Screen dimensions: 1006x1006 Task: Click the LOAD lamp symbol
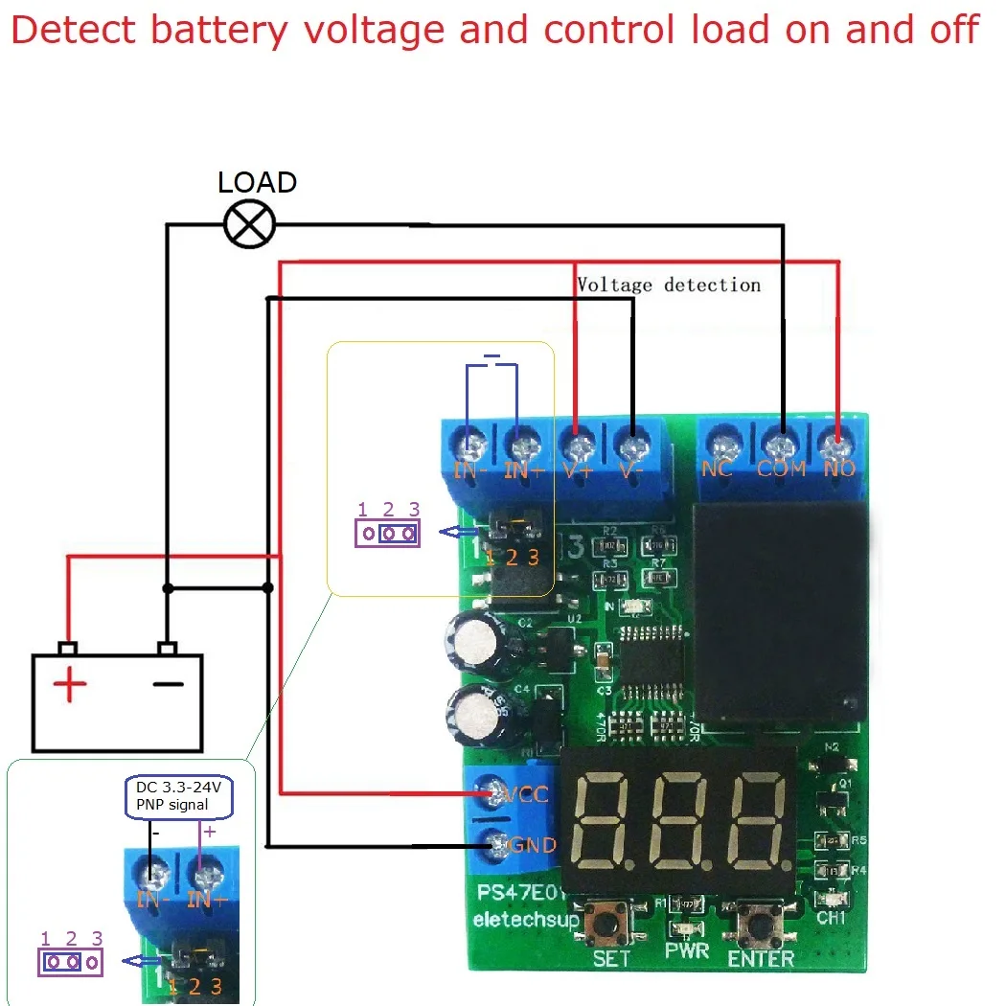tap(249, 225)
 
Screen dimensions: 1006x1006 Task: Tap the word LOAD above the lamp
tap(257, 182)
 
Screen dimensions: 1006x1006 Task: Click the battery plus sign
tap(69, 685)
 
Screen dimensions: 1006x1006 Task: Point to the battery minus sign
tap(168, 683)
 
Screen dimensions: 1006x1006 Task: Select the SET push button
tap(610, 925)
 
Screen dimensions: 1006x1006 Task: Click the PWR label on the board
tap(686, 952)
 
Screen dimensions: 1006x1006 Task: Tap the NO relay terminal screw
tap(836, 446)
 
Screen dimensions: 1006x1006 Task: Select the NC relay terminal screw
tap(720, 446)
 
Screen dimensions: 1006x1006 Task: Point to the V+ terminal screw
tap(578, 446)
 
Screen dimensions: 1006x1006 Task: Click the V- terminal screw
tap(630, 446)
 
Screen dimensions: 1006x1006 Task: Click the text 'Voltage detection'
tap(669, 285)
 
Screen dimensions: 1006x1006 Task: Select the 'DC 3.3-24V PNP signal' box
tap(180, 796)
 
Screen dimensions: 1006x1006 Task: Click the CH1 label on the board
tap(832, 917)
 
